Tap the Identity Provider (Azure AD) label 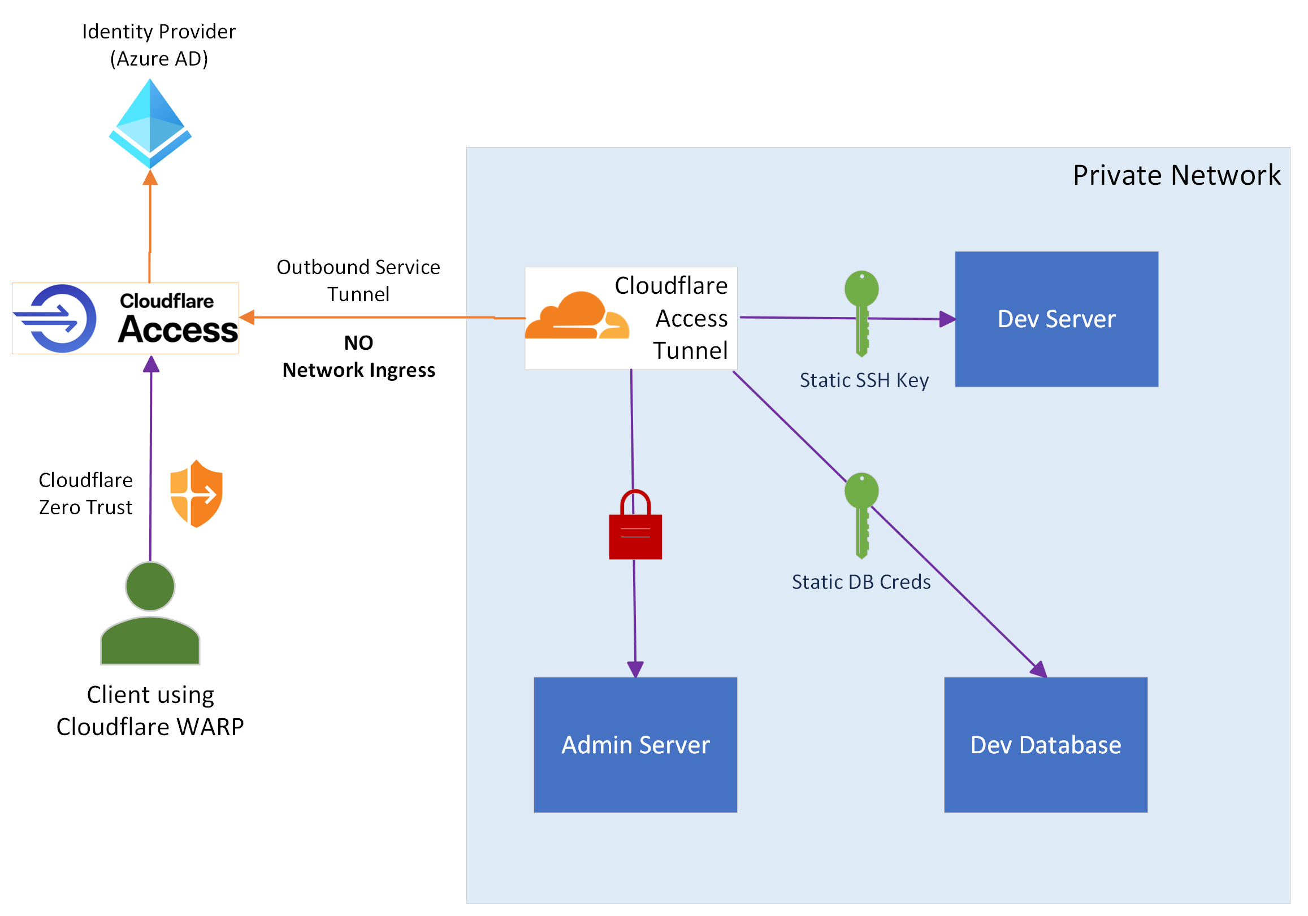pos(158,45)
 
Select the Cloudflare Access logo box pos(125,319)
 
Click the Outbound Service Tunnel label pos(358,280)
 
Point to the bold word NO pos(358,343)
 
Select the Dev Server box pos(1056,319)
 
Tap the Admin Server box pos(635,745)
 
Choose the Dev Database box pos(1045,745)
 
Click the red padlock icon pos(635,526)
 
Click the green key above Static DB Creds pos(861,514)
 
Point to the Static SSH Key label pos(864,380)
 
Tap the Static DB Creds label pos(861,581)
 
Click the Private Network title pos(1176,175)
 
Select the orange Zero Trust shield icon pos(197,493)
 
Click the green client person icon pos(150,614)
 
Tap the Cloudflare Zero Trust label pos(85,493)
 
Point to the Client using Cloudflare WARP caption pos(150,710)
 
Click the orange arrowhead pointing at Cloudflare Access pos(247,318)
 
